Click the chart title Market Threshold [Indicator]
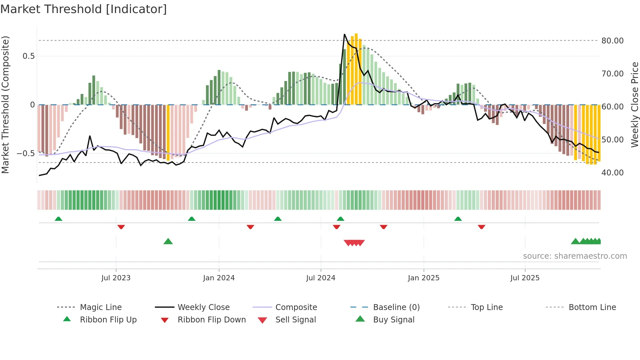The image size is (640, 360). (x=84, y=9)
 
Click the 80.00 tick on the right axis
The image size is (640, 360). (x=612, y=41)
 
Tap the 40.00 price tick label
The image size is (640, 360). (x=612, y=172)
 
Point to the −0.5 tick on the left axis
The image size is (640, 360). (x=26, y=153)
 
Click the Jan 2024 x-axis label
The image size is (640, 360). (x=219, y=278)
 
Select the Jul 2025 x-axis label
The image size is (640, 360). (x=525, y=278)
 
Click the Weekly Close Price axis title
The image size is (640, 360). (x=634, y=105)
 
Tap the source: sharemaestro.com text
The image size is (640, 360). (x=575, y=256)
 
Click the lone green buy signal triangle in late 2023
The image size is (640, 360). (x=168, y=241)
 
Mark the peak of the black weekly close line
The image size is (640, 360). (x=344, y=34)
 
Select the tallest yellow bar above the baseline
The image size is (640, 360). (x=356, y=69)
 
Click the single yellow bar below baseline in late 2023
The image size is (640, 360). (x=168, y=132)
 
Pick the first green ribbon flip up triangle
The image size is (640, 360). (x=58, y=219)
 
